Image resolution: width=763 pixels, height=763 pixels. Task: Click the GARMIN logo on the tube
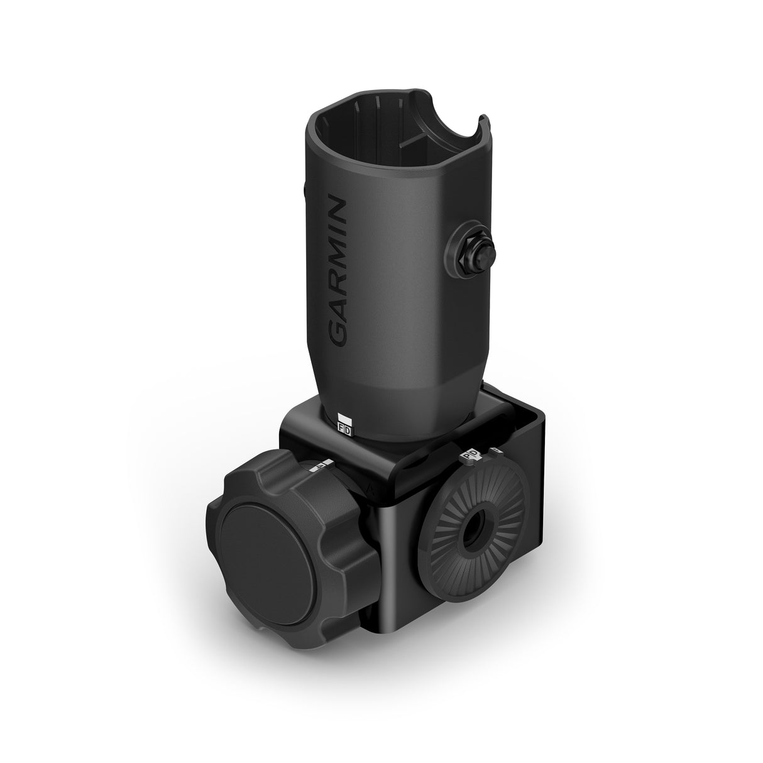point(338,272)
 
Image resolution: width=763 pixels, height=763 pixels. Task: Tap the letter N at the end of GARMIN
point(339,210)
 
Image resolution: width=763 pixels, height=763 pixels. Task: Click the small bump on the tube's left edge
point(305,189)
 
